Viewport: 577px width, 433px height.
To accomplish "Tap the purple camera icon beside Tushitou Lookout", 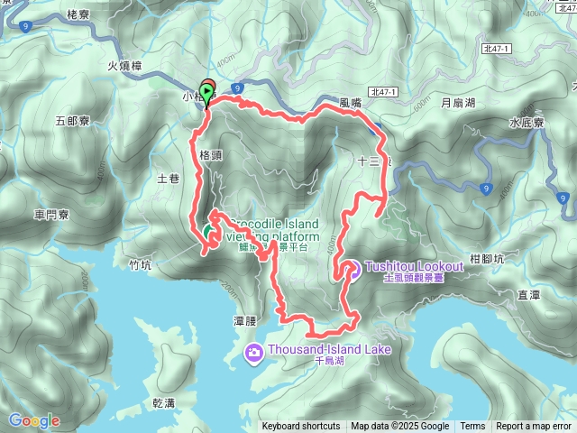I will coord(352,268).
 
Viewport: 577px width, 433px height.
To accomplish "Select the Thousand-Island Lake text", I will coord(325,349).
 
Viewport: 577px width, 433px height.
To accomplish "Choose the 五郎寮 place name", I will coord(72,120).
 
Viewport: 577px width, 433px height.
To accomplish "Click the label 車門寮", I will coord(51,215).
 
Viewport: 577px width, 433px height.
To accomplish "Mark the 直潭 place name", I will coord(528,294).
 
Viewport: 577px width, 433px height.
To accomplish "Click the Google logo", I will coord(33,420).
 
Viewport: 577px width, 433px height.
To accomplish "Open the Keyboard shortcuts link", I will coord(301,427).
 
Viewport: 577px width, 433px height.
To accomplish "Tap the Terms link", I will coord(472,427).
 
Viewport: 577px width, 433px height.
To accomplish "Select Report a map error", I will coord(534,427).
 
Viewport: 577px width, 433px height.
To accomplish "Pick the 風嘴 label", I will coord(350,104).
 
